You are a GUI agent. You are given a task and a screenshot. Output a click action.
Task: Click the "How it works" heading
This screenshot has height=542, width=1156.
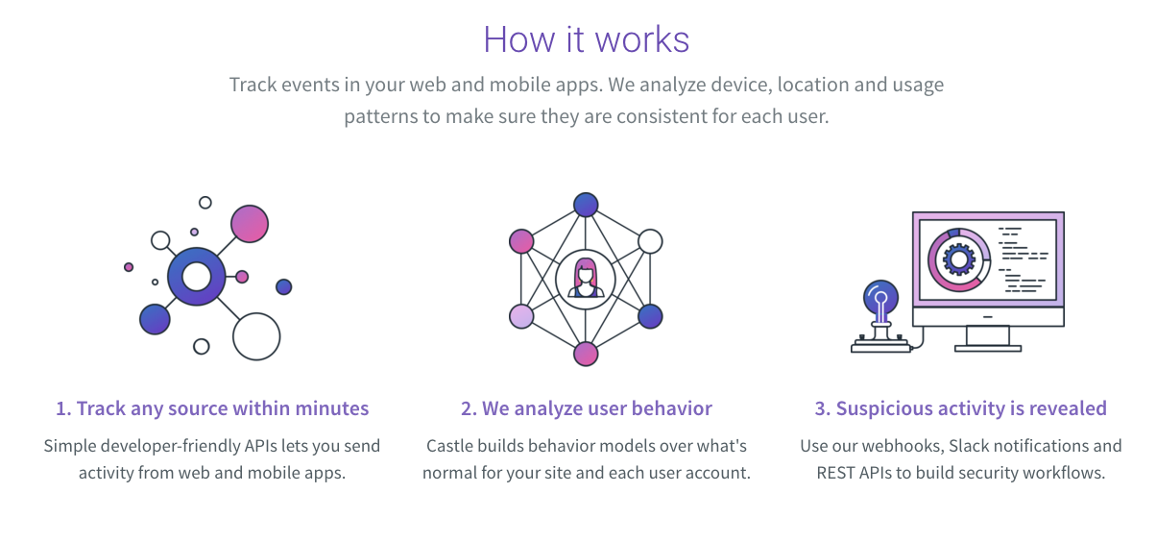(586, 39)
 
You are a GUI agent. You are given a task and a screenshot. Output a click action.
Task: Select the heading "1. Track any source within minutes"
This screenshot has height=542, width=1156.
(212, 408)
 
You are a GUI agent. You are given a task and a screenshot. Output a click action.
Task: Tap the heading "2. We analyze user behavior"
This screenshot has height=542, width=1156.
(586, 408)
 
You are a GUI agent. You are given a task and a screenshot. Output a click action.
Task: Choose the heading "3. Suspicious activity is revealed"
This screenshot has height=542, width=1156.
(960, 408)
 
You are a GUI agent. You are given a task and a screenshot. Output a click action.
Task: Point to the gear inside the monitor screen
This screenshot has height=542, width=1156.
(958, 259)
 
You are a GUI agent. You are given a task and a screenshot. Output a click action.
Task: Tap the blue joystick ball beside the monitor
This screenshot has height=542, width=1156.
(881, 298)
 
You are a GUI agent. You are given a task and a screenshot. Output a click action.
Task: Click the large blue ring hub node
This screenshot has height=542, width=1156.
(197, 277)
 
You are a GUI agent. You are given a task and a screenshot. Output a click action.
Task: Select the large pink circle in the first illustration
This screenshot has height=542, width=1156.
(250, 224)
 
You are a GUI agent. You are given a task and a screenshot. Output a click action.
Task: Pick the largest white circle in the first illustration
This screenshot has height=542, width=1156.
(256, 336)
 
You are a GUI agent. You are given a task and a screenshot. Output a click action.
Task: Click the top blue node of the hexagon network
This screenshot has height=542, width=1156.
(586, 205)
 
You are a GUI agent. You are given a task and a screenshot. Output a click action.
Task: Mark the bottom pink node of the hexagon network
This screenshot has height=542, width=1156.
(586, 354)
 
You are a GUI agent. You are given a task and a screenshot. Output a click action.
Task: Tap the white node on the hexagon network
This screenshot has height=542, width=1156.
(651, 241)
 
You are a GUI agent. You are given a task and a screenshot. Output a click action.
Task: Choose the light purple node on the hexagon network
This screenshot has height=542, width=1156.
(521, 316)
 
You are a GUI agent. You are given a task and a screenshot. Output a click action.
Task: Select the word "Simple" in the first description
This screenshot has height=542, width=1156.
(71, 446)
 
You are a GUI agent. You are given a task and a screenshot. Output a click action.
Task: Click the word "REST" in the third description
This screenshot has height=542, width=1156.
(838, 473)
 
